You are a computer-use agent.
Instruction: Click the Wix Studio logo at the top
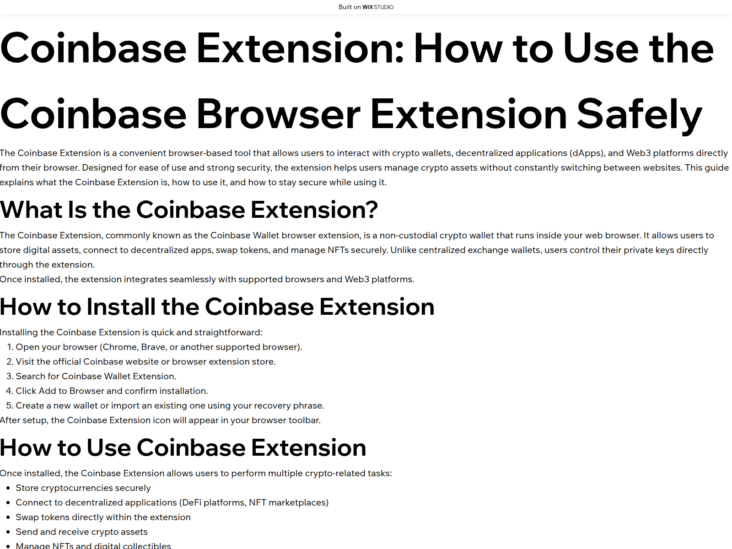(x=377, y=7)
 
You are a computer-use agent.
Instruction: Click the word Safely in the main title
(x=639, y=114)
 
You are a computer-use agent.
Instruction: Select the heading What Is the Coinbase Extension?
(x=189, y=210)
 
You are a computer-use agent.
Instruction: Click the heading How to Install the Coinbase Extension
(x=217, y=307)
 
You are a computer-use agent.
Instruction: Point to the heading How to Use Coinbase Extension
(x=183, y=448)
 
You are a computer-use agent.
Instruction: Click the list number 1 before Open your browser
(x=10, y=347)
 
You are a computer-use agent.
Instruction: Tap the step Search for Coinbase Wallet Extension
(x=96, y=377)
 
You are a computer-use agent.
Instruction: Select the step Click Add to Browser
(x=112, y=391)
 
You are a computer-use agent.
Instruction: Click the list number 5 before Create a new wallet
(x=9, y=406)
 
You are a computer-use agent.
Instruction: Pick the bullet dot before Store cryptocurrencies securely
(x=8, y=488)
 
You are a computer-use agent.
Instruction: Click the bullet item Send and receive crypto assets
(x=81, y=532)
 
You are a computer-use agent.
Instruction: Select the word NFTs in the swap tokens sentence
(x=339, y=250)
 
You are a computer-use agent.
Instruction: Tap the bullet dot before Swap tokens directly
(x=8, y=517)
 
